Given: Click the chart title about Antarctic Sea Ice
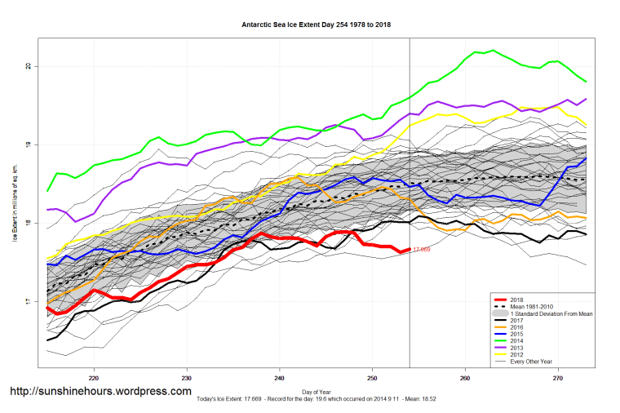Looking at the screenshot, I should pos(317,24).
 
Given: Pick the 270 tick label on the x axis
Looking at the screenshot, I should pos(558,379).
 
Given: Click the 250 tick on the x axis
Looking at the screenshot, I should pos(373,379).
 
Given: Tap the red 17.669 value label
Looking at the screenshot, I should pos(423,250).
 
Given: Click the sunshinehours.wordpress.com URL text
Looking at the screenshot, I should pos(100,391).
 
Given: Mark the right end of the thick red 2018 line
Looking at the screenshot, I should pos(409,250).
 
